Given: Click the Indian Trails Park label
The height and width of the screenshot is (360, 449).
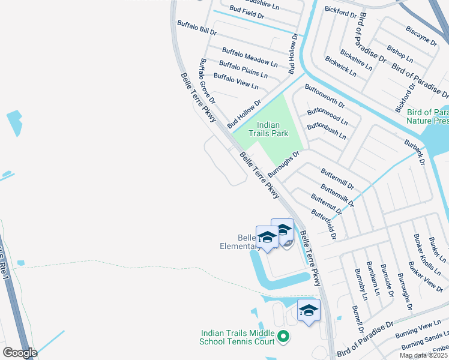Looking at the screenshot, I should (273, 129).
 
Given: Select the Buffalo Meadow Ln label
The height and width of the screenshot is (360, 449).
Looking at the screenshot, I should (250, 57).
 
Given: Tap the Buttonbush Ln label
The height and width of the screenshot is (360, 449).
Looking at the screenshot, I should (327, 131).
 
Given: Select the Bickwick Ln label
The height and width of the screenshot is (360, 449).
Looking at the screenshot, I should (340, 67).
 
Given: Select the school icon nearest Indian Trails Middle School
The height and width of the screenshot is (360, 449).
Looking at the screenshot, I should (309, 310).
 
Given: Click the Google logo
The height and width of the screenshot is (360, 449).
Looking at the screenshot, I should (20, 353).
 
